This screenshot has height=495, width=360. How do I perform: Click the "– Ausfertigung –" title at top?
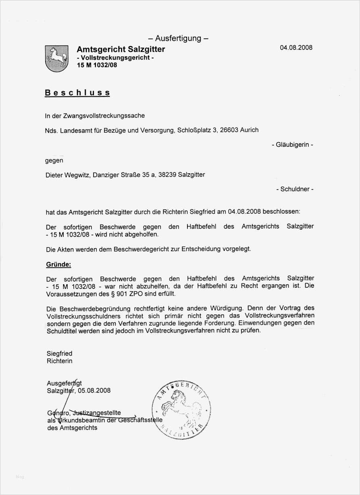coord(178,38)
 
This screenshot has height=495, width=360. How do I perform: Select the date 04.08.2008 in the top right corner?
coord(296,48)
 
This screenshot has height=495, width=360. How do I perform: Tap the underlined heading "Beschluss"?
coord(77,93)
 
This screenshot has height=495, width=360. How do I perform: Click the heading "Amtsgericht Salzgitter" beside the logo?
coord(121,49)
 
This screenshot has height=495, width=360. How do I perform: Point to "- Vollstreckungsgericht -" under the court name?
coord(115,58)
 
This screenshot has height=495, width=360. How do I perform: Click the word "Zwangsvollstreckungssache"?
coord(104,116)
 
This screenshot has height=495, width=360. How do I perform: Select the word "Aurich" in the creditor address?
coord(249,130)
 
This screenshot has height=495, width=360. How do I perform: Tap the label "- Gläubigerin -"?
coord(292,145)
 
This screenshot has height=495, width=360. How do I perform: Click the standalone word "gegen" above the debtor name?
coord(54,160)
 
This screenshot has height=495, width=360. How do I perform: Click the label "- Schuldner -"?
coord(295,189)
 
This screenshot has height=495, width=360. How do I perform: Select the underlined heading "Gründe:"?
coord(58,264)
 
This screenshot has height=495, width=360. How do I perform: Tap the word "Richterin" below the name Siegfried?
coord(59,361)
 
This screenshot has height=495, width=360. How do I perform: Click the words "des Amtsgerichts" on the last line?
coord(72,428)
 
